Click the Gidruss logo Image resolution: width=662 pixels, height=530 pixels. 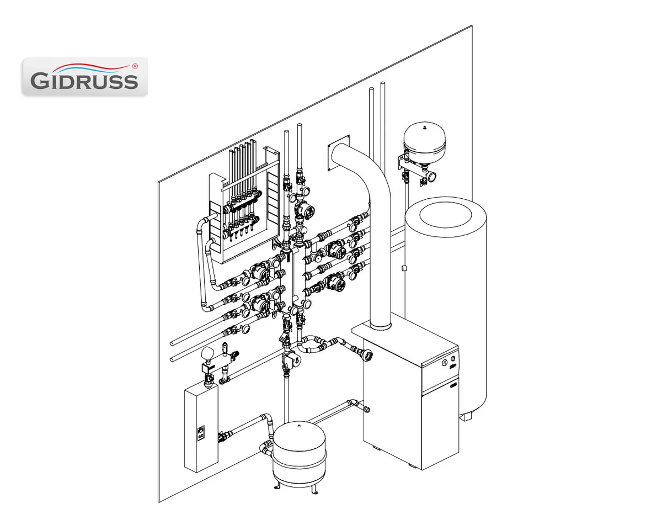click(x=84, y=76)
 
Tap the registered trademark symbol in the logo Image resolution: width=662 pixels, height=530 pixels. click(x=135, y=66)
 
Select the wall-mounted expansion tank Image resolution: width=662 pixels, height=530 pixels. click(x=424, y=140)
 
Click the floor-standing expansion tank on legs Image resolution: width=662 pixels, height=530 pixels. click(x=300, y=450)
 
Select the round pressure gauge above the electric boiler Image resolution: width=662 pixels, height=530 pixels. click(x=207, y=352)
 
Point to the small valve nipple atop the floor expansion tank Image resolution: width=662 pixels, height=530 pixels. click(x=299, y=425)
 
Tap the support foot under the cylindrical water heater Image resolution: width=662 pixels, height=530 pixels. click(x=466, y=416)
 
